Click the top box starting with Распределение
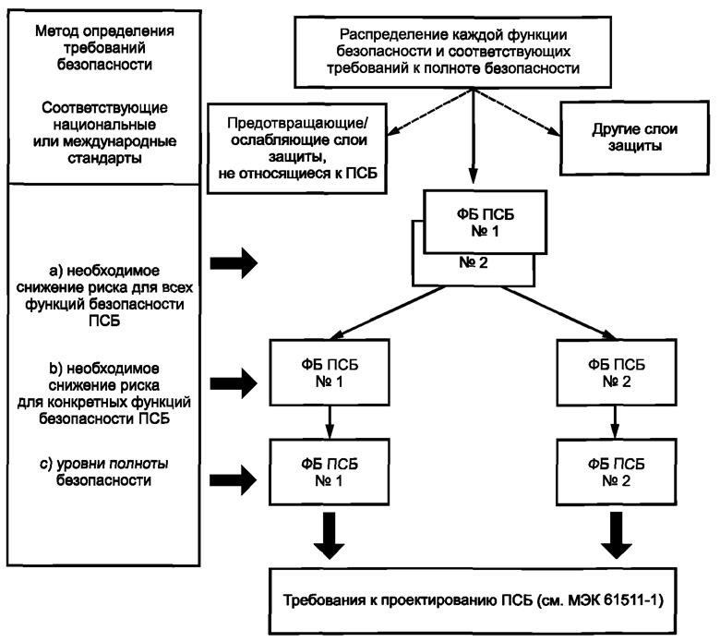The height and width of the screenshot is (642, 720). [x=474, y=49]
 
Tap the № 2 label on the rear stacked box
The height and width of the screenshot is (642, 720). [x=474, y=262]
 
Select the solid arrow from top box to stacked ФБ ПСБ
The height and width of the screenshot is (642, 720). [x=474, y=139]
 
